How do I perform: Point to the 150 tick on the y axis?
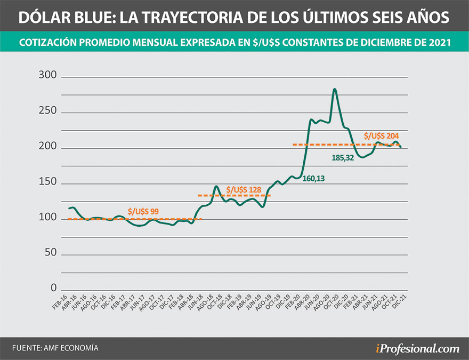[x=48, y=183]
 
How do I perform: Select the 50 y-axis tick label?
[x=51, y=253]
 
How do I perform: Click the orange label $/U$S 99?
[x=143, y=211]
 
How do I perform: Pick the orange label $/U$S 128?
[x=243, y=189]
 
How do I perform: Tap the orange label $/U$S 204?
[x=381, y=136]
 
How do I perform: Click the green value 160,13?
[x=313, y=179]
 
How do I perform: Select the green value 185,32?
[x=343, y=158]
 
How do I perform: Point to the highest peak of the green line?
[x=335, y=89]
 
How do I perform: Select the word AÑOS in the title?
[x=422, y=18]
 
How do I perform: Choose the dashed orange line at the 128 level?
[x=234, y=195]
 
